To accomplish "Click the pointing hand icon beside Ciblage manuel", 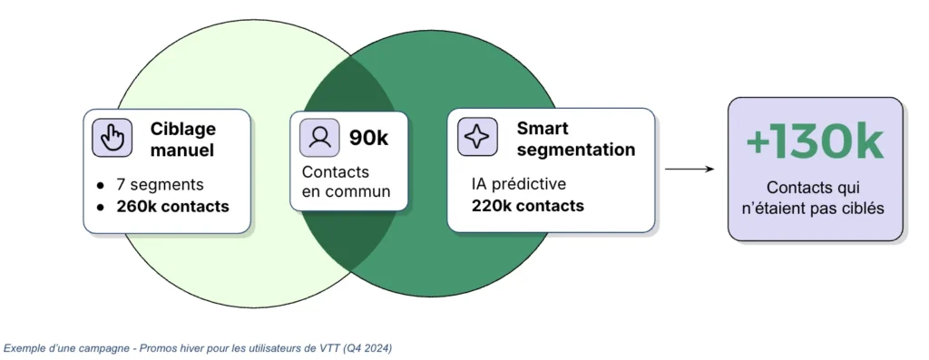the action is click(112, 137).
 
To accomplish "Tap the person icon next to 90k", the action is click(319, 137).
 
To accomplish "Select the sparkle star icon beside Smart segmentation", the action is click(477, 137).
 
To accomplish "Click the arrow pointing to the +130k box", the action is click(689, 170).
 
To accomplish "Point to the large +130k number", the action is click(815, 143).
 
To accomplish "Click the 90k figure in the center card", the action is click(368, 138).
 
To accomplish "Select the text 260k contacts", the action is click(172, 207).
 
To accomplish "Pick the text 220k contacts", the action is click(528, 206).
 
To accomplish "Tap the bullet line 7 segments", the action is click(160, 185).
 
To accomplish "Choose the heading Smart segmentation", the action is click(576, 139).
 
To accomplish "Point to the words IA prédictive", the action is click(518, 184).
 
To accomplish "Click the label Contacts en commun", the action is click(347, 181).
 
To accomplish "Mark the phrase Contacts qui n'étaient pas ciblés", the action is click(815, 199).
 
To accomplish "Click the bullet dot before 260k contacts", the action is click(101, 208).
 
